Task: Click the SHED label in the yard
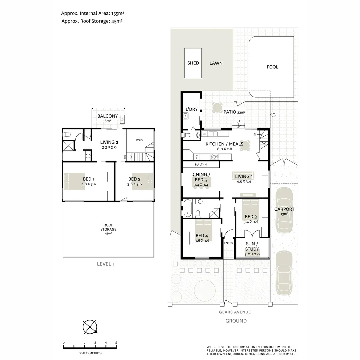193,63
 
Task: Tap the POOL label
272,67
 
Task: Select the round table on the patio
217,108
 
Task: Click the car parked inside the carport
284,210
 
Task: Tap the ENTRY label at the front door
229,243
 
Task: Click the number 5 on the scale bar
116,343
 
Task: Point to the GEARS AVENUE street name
235,312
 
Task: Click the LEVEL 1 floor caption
106,264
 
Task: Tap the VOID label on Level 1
139,140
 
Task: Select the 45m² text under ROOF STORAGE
108,234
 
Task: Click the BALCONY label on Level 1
107,116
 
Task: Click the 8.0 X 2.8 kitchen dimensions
225,149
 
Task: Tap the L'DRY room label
192,109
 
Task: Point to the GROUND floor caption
236,321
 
